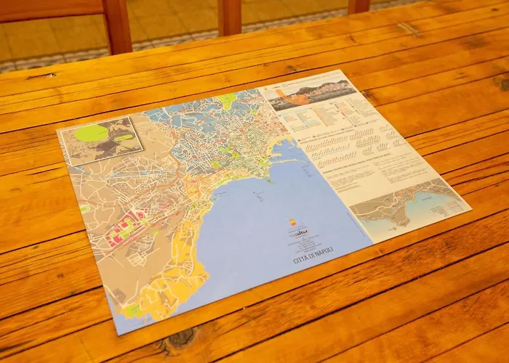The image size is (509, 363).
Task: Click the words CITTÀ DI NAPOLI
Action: click(x=313, y=255)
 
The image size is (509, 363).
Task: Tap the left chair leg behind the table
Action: click(x=117, y=26)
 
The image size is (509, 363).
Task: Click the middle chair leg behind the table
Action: click(x=230, y=17)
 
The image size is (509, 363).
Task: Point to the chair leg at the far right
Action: click(x=358, y=7)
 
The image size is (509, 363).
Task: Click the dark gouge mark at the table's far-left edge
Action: click(x=40, y=76)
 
